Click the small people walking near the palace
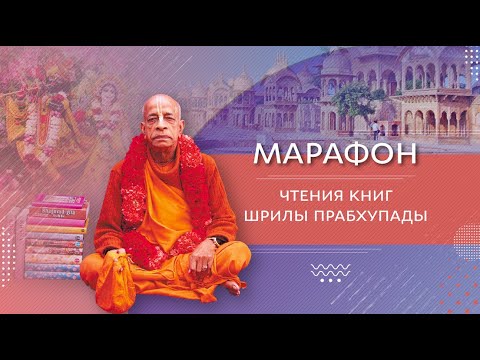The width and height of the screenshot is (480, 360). [375, 130]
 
